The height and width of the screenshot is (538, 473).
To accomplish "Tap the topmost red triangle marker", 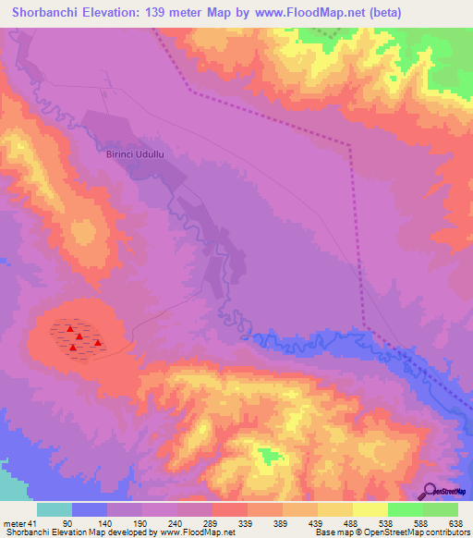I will (x=70, y=328).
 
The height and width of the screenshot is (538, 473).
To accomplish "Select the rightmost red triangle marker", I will (x=97, y=342).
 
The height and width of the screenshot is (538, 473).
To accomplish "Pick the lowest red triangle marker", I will (x=73, y=348).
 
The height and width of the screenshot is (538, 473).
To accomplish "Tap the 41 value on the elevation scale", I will (x=33, y=522).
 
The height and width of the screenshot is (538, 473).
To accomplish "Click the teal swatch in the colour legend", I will (x=55, y=509).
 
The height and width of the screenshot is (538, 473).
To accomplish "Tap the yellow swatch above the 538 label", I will (x=370, y=509).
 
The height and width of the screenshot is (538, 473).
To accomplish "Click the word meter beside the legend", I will (x=14, y=522).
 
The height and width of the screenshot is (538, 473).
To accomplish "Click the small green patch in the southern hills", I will (x=268, y=456).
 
